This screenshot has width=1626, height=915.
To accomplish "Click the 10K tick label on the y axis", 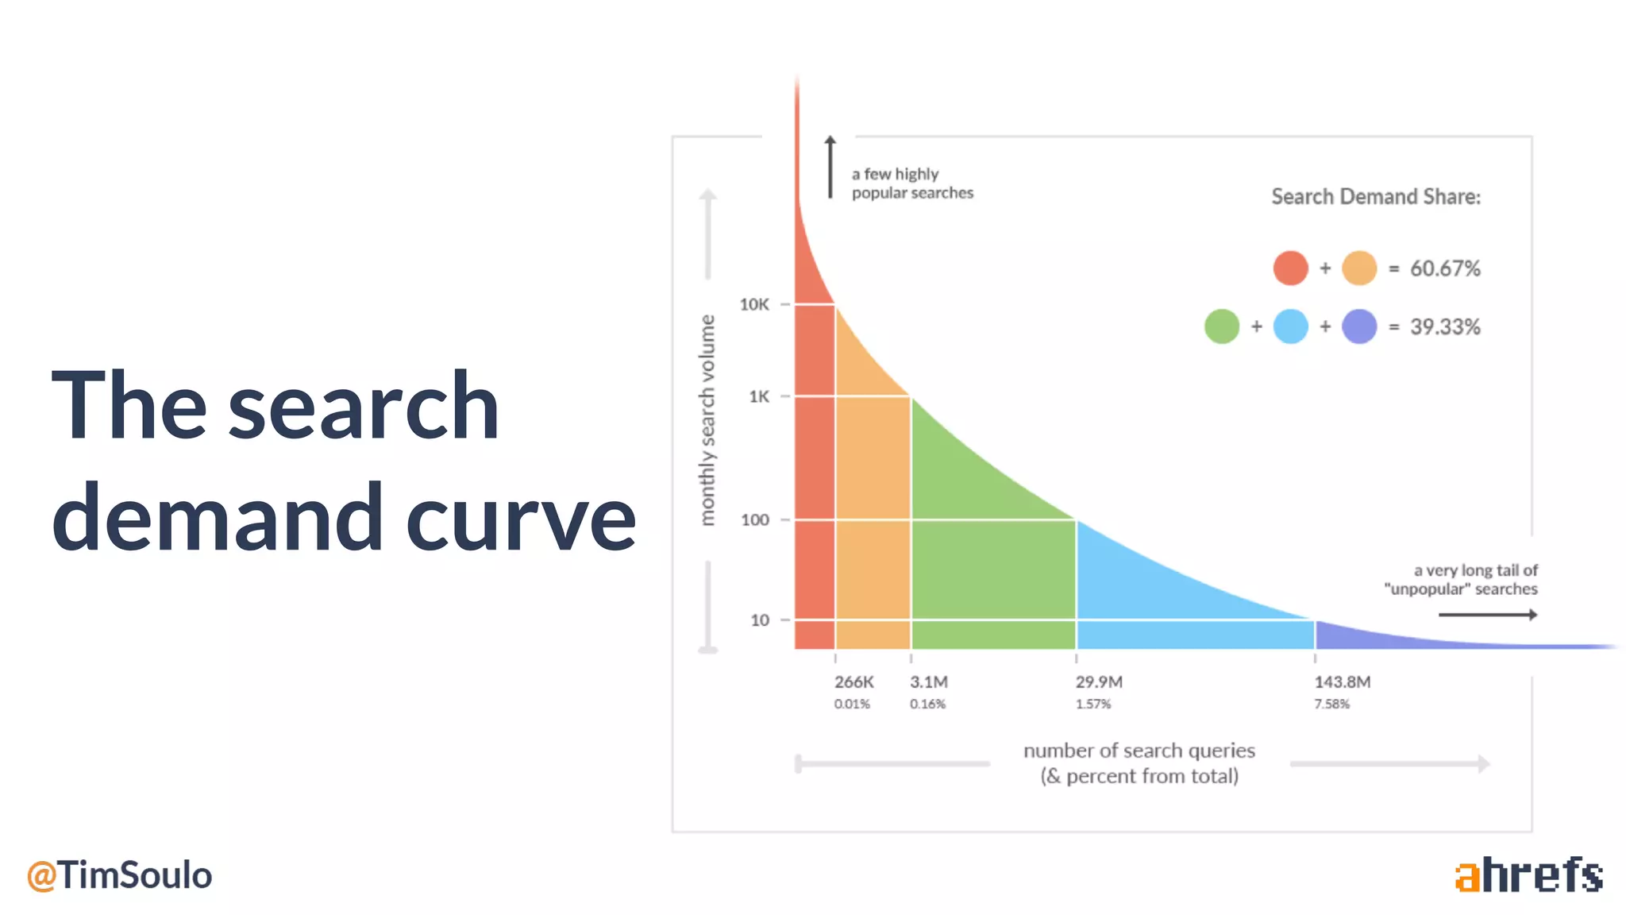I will point(754,304).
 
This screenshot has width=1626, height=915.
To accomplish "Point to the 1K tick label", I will point(759,396).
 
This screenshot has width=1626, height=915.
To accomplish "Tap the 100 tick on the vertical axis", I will point(755,520).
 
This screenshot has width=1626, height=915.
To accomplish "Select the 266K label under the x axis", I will point(853,682).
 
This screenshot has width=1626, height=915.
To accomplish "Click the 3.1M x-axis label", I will point(928,682).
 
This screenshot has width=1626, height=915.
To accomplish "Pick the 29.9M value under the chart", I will point(1099,682).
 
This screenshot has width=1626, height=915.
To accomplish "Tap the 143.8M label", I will point(1342,682).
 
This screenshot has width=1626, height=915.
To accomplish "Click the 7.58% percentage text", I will point(1331,705).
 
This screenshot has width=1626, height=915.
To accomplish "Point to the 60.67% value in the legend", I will point(1445,268).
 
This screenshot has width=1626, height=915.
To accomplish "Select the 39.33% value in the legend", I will point(1445,327).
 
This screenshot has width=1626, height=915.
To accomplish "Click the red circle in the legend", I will point(1290,268).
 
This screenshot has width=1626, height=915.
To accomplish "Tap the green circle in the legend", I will point(1221,326).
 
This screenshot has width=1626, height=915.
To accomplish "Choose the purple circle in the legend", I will point(1359,326).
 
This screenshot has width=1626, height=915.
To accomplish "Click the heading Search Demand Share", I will point(1376,197).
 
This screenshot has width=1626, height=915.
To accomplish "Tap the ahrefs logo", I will point(1528,875).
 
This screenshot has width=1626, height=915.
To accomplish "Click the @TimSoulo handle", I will point(119,875).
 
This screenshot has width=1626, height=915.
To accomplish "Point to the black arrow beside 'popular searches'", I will point(830,167).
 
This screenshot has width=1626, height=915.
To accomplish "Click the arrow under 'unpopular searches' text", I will point(1488,615).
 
